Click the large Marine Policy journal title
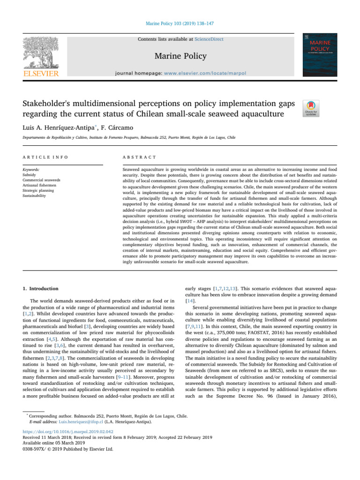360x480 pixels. tap(180, 56)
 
